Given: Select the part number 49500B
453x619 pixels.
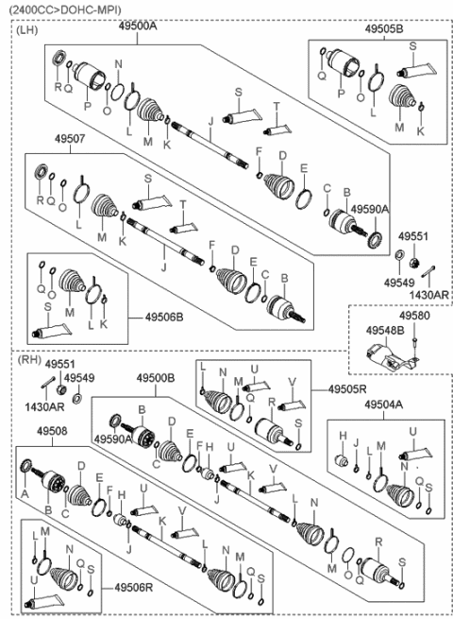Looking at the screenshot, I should point(156,377).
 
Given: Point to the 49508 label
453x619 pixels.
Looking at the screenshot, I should point(51,430).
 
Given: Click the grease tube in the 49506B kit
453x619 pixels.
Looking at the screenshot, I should point(53,330).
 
